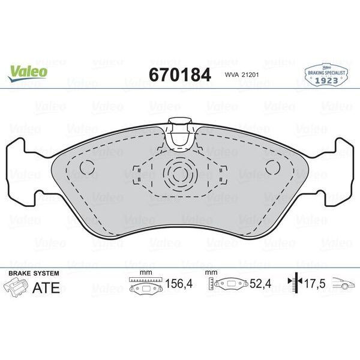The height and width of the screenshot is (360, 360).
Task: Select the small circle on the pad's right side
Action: (x=273, y=168)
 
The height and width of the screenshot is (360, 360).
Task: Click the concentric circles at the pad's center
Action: (x=179, y=175)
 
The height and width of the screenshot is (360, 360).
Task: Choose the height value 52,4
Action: (x=258, y=285)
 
